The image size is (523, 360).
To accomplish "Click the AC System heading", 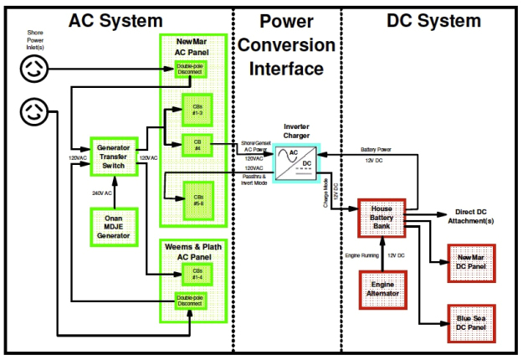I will pyautogui.click(x=115, y=21).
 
